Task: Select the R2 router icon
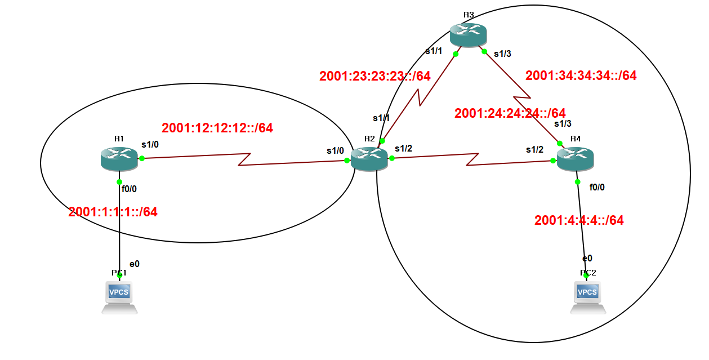point(369,159)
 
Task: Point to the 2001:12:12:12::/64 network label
point(217,128)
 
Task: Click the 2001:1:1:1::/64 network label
point(113,212)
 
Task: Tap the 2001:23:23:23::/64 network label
point(375,76)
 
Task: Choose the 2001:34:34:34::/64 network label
point(581,75)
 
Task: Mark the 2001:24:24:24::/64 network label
point(510,113)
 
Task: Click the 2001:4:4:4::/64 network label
point(579,220)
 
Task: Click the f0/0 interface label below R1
point(130,189)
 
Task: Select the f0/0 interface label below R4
point(597,187)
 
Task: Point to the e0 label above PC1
point(135,264)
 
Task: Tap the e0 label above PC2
point(587,258)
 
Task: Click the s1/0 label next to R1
point(150,145)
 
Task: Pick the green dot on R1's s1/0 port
point(142,158)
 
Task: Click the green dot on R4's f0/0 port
point(578,181)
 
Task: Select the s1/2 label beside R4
point(535,149)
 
